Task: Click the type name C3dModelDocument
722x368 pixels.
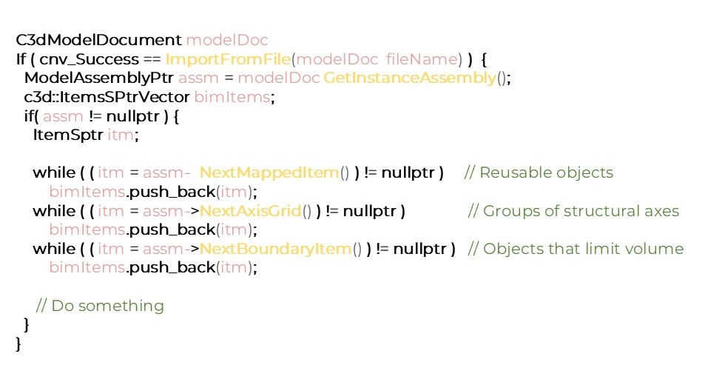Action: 98,39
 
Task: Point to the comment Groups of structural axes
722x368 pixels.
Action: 574,211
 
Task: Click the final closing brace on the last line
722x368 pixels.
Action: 18,344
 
